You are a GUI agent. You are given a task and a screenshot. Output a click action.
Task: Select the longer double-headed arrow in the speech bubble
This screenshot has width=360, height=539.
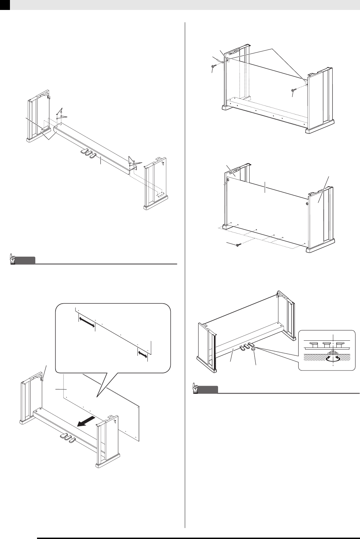point(86,323)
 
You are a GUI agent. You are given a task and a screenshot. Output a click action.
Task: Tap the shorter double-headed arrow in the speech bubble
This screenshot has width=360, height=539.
point(143,353)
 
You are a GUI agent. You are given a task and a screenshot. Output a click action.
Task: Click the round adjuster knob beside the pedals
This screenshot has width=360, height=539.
point(254,349)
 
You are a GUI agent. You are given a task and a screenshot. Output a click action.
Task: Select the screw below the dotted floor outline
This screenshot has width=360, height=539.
point(238,244)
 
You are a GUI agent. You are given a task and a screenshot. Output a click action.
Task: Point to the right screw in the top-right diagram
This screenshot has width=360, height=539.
point(293,90)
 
